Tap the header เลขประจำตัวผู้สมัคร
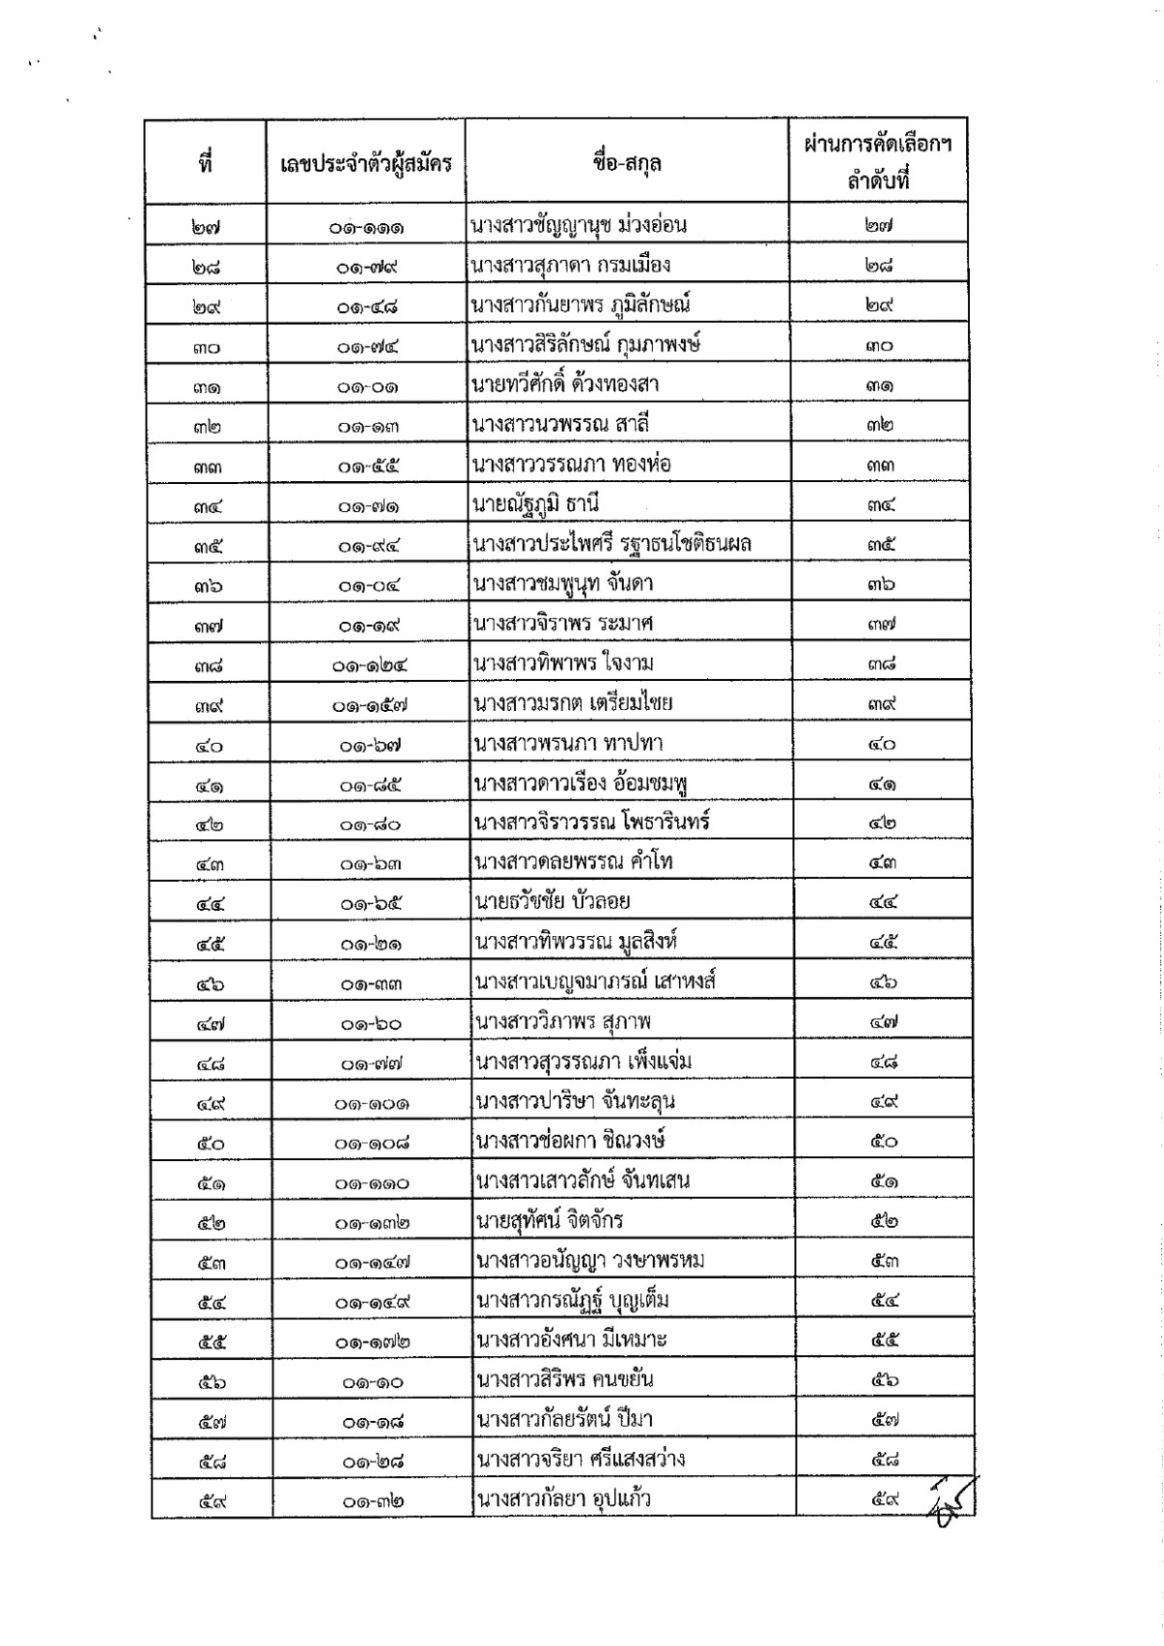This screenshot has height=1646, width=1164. (366, 163)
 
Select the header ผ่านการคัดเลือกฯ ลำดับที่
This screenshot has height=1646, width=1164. (878, 162)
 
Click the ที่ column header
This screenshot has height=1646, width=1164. (205, 163)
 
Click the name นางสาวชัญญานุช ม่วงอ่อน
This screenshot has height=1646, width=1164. (579, 226)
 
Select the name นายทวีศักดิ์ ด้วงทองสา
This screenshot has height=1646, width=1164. (566, 384)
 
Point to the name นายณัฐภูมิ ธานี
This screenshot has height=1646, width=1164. (541, 504)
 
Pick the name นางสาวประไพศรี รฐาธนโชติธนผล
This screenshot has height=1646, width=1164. (612, 544)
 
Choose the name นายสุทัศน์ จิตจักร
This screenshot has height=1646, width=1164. (549, 1220)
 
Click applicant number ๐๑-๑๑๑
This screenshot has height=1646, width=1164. (366, 228)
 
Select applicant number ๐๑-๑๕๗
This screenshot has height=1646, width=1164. (369, 705)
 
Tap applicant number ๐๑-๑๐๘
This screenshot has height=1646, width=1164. (372, 1143)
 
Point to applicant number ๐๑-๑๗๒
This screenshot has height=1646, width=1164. (372, 1342)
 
